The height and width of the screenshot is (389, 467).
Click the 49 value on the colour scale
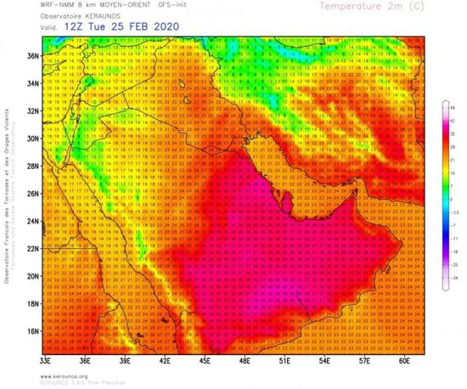coord(453,107)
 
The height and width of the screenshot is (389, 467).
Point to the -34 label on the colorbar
coord(453,277)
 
